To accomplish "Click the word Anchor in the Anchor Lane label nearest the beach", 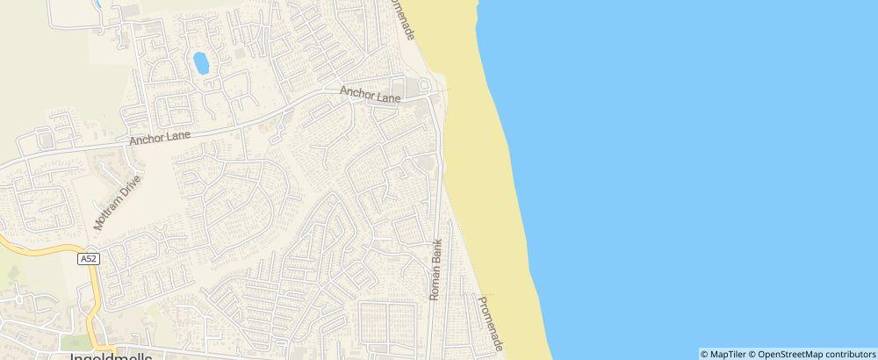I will coord(361,92).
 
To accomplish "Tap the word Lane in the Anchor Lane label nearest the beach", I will coord(388,97).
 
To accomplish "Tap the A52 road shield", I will coord(88,259).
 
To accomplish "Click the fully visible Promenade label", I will coord(488,324).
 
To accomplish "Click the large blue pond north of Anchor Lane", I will coord(200,63).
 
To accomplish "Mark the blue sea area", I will coord(702,176).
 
